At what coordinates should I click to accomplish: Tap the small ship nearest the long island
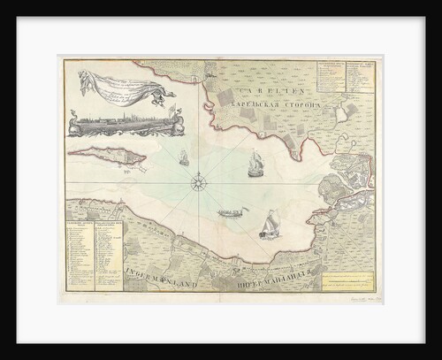point(184,158)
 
